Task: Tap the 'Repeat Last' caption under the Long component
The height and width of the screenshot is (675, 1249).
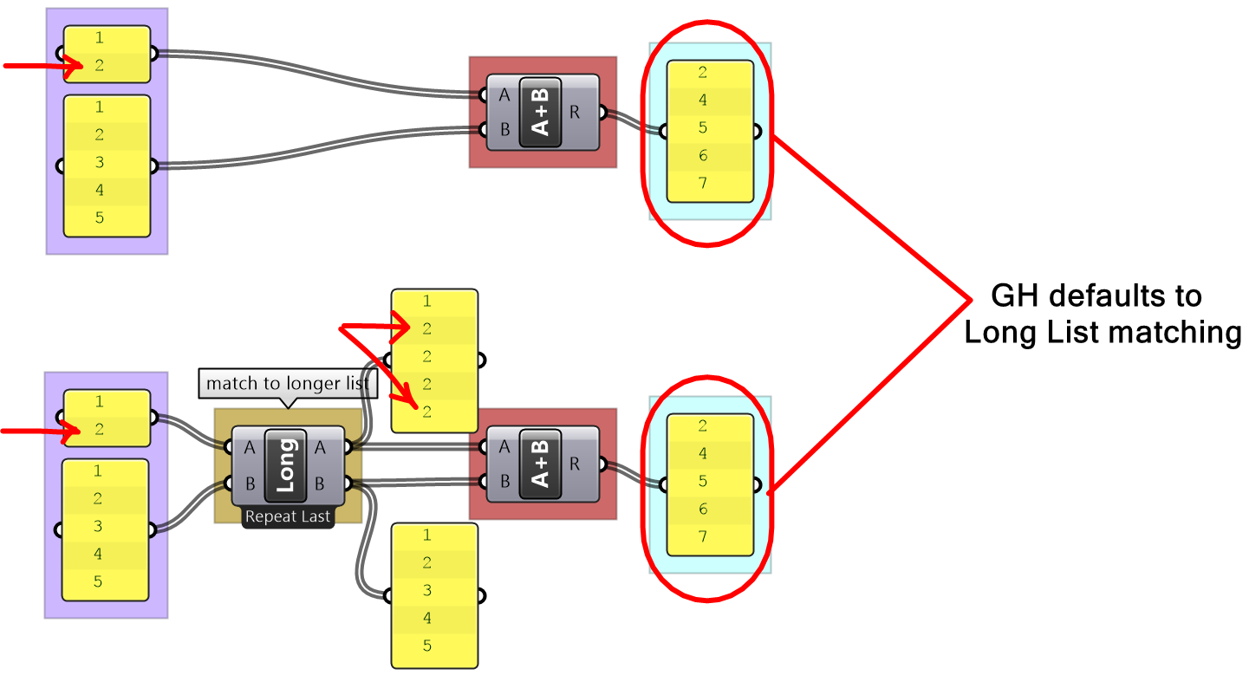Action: coord(288,517)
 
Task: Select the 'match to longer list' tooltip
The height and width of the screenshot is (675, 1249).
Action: coord(287,383)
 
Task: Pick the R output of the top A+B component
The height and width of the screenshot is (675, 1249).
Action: coord(576,112)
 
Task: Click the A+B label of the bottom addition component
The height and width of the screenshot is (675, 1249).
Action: coord(540,464)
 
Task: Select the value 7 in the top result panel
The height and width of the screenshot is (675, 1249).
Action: coord(703,184)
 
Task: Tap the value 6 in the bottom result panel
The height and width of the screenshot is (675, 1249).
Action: coord(703,509)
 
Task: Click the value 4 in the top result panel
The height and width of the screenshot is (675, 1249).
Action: coord(703,101)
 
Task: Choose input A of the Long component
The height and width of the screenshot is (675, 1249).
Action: coord(250,447)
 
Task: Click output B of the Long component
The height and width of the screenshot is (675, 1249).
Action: coord(320,483)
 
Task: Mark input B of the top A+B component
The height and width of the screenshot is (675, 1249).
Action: coord(505,130)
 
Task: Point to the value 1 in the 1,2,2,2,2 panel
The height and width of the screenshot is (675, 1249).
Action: coord(426,302)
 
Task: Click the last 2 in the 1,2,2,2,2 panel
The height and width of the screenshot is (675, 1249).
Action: coord(426,412)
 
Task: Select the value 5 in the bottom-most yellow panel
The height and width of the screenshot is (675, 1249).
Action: coord(426,646)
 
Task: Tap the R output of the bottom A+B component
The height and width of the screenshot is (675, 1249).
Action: coord(576,464)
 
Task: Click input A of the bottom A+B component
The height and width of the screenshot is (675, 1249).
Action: coord(505,447)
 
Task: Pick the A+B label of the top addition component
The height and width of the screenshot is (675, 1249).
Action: coord(540,112)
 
